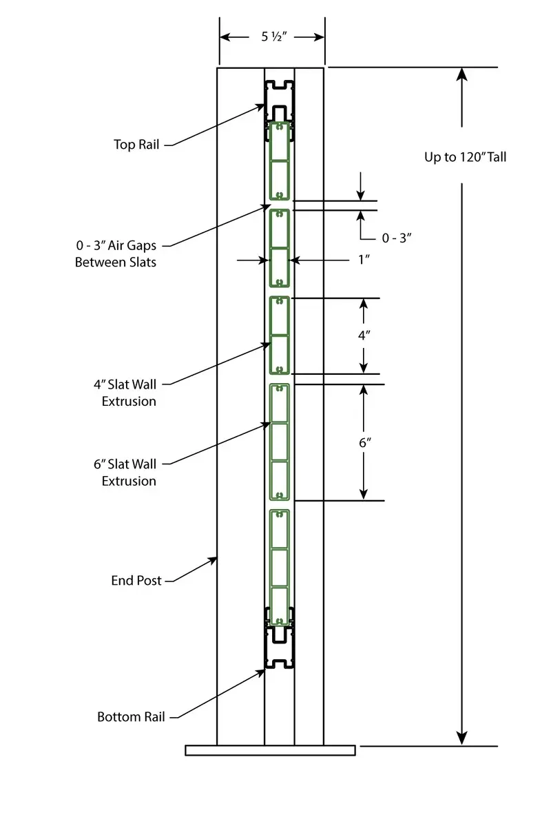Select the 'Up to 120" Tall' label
pyautogui.click(x=465, y=157)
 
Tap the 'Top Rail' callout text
pyautogui.click(x=136, y=145)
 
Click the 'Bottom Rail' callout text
pyautogui.click(x=131, y=717)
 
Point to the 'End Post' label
pyautogui.click(x=136, y=581)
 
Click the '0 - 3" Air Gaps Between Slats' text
pyautogui.click(x=116, y=253)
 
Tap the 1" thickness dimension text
pyautogui.click(x=364, y=260)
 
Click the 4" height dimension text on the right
pyautogui.click(x=364, y=335)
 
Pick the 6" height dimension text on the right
pyautogui.click(x=364, y=443)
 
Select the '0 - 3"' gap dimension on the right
pyautogui.click(x=397, y=238)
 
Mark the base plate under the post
pyautogui.click(x=270, y=750)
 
